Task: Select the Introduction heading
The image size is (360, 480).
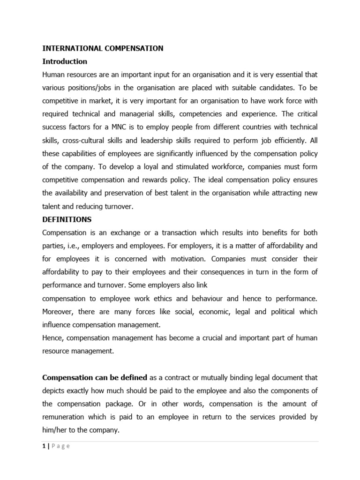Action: click(65, 61)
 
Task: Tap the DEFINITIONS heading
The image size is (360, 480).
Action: click(67, 219)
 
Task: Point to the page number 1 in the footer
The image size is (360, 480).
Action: click(44, 446)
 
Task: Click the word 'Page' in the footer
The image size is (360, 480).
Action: click(61, 446)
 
